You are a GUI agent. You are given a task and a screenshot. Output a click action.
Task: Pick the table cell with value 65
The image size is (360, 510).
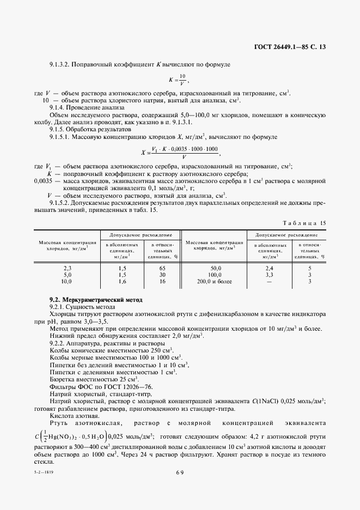click(162, 268)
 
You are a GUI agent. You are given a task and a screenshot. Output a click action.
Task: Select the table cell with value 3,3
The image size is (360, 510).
click(269, 275)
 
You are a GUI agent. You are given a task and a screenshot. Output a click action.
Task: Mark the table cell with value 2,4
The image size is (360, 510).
click(269, 268)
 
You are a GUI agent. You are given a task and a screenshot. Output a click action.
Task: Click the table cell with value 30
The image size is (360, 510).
click(162, 275)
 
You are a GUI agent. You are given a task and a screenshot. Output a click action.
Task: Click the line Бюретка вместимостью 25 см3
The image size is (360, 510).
click(94, 379)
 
